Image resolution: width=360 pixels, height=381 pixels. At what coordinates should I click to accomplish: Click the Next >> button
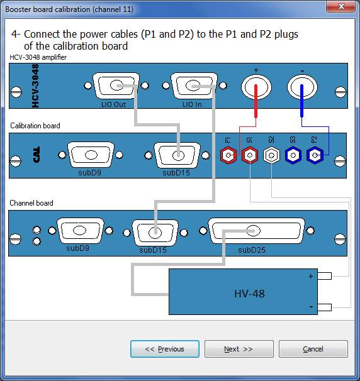(x=239, y=349)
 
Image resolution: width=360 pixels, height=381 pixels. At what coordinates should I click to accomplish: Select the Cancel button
(x=313, y=349)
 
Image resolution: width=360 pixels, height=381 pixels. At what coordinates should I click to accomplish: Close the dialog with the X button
(x=341, y=6)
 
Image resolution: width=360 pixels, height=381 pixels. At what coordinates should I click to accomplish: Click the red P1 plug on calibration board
(x=228, y=155)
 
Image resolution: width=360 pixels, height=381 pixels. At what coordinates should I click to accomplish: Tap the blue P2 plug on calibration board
(x=315, y=155)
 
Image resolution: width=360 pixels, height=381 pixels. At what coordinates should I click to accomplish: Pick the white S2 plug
(x=271, y=155)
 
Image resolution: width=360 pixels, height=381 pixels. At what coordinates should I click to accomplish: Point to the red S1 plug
(x=250, y=155)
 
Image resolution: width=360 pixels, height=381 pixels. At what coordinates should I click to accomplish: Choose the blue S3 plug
(x=293, y=155)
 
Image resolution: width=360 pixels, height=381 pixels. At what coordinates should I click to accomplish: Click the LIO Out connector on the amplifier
(x=116, y=86)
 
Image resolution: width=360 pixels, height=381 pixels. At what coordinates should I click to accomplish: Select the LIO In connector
(x=194, y=86)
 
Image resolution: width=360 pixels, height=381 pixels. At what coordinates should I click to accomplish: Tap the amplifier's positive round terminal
(x=256, y=87)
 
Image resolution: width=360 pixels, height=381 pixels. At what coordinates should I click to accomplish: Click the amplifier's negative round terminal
(x=302, y=87)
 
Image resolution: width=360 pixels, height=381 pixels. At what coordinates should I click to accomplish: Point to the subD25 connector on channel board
(x=256, y=231)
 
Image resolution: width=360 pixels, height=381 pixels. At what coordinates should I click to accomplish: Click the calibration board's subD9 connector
(x=91, y=155)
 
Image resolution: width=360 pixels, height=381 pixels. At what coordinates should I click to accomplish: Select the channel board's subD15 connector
(x=155, y=233)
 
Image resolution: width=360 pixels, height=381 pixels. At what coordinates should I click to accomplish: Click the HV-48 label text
(x=249, y=294)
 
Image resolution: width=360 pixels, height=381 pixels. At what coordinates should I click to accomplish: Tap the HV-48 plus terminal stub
(x=325, y=276)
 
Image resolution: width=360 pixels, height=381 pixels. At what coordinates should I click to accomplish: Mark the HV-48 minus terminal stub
(x=325, y=307)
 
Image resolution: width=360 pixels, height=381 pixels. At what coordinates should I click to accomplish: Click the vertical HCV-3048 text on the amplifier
(x=35, y=86)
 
